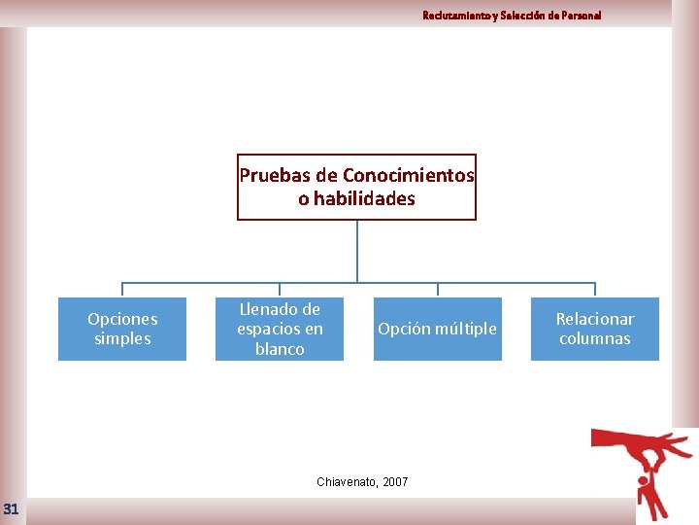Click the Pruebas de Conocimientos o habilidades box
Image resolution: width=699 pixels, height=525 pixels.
tap(356, 187)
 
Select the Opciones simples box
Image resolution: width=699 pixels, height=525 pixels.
tap(122, 329)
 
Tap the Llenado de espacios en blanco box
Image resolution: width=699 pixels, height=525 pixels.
tap(280, 329)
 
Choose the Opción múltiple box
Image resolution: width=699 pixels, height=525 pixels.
tap(437, 329)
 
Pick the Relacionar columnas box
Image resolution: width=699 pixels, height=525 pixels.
tap(594, 329)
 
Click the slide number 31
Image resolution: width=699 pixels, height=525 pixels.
tap(11, 508)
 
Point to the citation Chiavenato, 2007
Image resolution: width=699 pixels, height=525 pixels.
tap(363, 482)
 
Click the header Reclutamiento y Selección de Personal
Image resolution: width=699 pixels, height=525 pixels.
tap(512, 16)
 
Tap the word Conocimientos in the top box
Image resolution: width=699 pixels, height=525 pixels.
tap(409, 176)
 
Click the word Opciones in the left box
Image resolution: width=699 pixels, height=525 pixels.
tap(122, 319)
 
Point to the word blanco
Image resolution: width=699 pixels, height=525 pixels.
tap(280, 349)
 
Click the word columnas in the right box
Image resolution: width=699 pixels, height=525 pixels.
tap(594, 339)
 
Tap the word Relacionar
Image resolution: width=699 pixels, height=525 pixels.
tap(594, 319)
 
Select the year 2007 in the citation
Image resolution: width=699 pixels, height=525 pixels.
tap(395, 482)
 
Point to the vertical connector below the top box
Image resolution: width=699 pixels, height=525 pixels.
tap(357, 251)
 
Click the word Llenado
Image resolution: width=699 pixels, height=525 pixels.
tap(280, 309)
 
